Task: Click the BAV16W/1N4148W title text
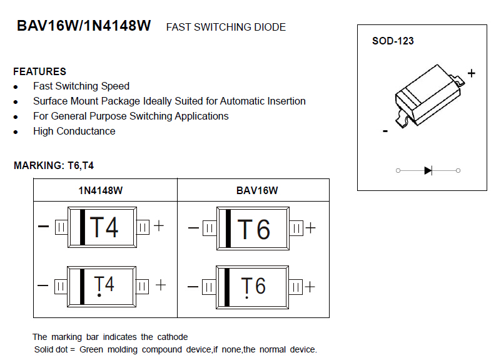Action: (x=84, y=26)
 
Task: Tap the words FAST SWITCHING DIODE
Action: (x=226, y=28)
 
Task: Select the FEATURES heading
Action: (x=39, y=71)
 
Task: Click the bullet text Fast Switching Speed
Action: (x=81, y=86)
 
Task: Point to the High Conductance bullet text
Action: (x=74, y=131)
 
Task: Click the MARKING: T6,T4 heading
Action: (x=54, y=166)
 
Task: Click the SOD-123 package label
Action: (x=393, y=41)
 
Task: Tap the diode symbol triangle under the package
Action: (x=428, y=170)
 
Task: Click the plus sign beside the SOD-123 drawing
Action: (x=471, y=73)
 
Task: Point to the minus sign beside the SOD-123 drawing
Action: (x=385, y=131)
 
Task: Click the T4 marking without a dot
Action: (x=104, y=227)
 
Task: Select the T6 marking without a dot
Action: (x=254, y=230)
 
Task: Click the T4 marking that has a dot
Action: (x=104, y=285)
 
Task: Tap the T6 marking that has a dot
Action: (x=254, y=287)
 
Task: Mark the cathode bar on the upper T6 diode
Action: (x=228, y=229)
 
